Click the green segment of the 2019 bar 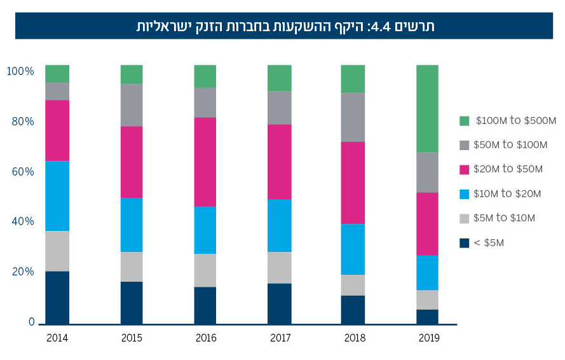427,108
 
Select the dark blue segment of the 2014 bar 57,297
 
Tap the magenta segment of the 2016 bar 205,162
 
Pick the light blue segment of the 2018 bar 353,249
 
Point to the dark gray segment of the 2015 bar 132,105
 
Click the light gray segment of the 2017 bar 279,267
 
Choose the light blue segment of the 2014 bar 57,195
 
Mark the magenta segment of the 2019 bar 427,223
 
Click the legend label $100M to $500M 515,120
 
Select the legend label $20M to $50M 508,169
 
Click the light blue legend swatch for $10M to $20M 464,193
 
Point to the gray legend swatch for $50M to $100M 464,145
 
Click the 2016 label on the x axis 205,338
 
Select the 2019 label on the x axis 428,338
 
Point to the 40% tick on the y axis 22,221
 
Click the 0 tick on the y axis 31,322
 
